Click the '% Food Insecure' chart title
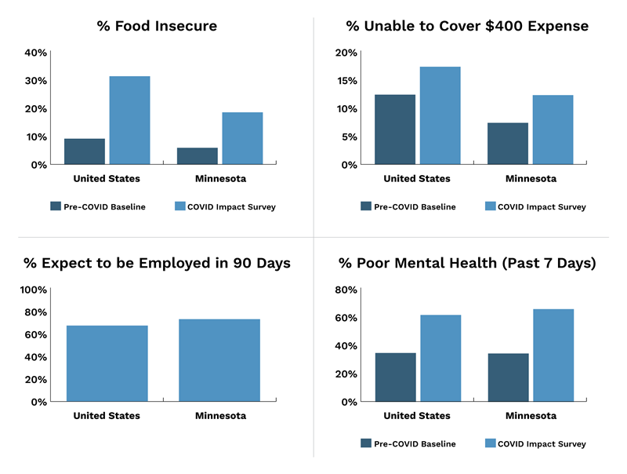tap(157, 26)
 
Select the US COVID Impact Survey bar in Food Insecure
tap(129, 120)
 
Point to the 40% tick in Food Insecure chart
tap(36, 53)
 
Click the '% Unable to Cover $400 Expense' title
tap(467, 26)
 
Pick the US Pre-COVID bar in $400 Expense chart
tap(395, 129)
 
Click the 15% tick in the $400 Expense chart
tap(346, 81)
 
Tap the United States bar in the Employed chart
tap(107, 363)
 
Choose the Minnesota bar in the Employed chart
tap(219, 360)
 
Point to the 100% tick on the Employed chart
tap(33, 290)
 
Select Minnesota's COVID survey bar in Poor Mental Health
tap(553, 355)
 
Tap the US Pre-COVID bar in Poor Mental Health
tap(395, 377)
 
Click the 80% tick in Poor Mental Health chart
tap(346, 290)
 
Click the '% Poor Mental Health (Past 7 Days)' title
tap(467, 263)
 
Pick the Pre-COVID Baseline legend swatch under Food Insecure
tap(56, 206)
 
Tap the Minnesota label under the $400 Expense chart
tap(531, 178)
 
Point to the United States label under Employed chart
tap(107, 415)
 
